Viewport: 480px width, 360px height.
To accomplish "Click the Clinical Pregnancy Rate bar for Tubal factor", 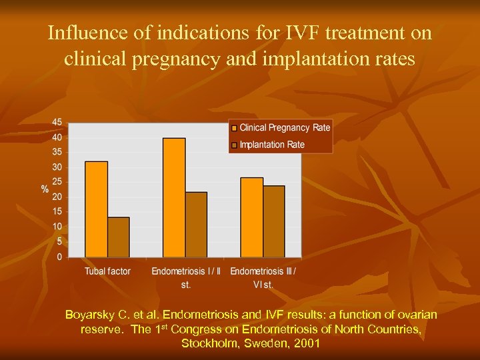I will tap(96, 209).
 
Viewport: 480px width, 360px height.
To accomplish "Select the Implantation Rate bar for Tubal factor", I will tap(119, 237).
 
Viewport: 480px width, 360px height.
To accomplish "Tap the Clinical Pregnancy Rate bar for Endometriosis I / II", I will tap(174, 197).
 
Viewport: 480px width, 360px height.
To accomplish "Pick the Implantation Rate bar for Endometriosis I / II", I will tap(196, 224).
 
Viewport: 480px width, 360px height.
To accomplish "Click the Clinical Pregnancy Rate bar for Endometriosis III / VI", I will tap(251, 217).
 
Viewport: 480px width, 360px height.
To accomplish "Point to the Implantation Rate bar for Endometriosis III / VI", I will tap(273, 221).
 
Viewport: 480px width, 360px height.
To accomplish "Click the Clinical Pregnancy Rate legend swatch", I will tap(234, 128).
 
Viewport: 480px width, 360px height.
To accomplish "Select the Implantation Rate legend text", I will tap(272, 145).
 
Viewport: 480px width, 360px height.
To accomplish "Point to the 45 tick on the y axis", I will tap(57, 123).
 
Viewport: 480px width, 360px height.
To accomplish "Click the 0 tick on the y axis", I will tap(60, 257).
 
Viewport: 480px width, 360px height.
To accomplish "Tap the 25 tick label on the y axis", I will tap(57, 182).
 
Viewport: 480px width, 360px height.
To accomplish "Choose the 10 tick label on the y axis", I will tap(57, 227).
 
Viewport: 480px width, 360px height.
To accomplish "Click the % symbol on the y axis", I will tap(45, 189).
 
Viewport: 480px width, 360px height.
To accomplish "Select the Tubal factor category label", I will tap(107, 271).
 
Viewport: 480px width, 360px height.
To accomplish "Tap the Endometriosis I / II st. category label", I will tap(185, 277).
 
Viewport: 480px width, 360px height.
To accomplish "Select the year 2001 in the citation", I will tap(306, 343).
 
